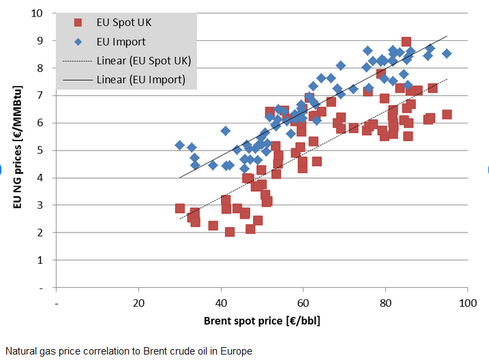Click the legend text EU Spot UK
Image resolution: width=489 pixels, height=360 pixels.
click(x=123, y=22)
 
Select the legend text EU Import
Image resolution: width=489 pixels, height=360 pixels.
click(x=121, y=42)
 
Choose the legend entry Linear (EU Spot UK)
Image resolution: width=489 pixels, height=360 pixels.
click(x=143, y=61)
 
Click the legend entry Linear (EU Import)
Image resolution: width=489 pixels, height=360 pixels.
click(x=140, y=80)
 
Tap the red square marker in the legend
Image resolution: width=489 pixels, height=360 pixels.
click(x=78, y=22)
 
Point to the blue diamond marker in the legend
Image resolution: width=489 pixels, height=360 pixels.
click(x=78, y=42)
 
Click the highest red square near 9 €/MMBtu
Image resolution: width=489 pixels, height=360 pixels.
click(x=406, y=42)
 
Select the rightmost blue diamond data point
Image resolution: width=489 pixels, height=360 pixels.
click(x=447, y=53)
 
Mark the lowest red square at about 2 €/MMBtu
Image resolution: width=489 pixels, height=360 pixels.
click(x=230, y=232)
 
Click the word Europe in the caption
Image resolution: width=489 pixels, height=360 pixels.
click(x=237, y=351)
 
